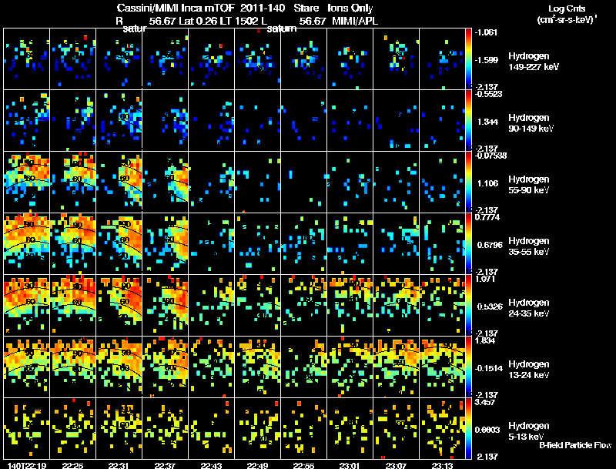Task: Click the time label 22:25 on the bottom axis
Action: (72, 465)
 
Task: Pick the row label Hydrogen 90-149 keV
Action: (529, 123)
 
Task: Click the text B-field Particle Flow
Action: (574, 445)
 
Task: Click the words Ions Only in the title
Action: (350, 8)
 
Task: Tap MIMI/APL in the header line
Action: (355, 20)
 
